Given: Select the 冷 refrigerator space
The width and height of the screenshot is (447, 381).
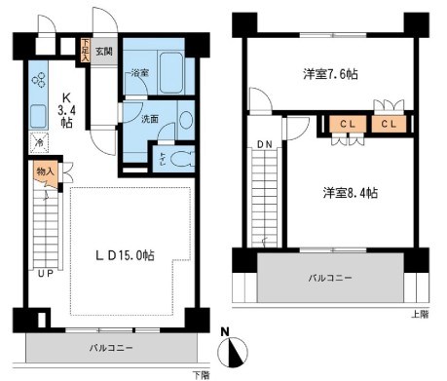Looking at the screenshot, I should point(38,142).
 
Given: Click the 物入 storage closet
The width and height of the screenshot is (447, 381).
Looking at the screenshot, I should point(47,172).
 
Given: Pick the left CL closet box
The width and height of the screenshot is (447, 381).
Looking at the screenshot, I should point(346,124).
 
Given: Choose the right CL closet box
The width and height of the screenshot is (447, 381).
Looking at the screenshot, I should point(387,124).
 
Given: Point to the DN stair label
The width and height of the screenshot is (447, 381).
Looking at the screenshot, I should point(264,145).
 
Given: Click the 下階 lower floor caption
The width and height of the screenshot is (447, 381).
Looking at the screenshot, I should point(200,374).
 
